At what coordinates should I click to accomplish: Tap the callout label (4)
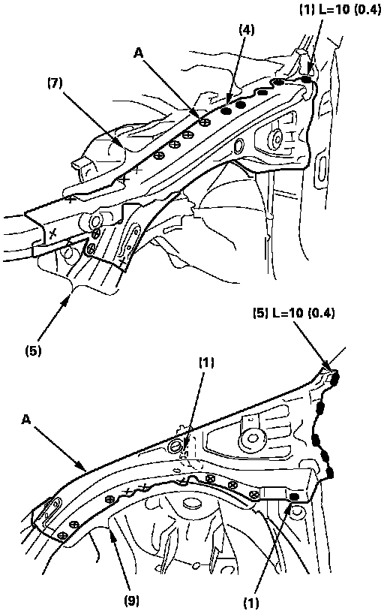246,30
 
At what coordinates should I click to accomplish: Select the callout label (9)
131,600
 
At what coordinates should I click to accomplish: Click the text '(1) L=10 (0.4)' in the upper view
340,10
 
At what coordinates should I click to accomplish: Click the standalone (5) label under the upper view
33,351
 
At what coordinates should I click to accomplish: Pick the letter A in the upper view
138,53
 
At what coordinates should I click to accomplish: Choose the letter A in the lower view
25,420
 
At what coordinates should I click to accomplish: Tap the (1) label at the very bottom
251,603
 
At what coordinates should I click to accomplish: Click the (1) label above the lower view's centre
206,363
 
